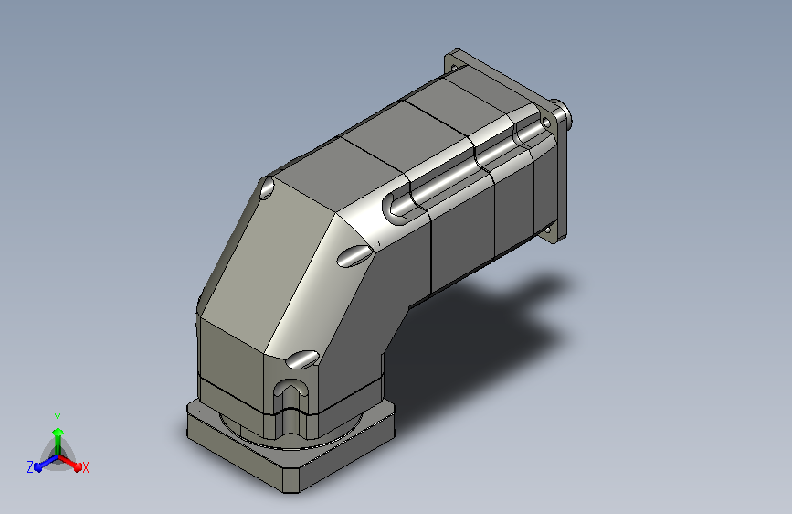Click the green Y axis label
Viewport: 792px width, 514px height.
tap(58, 418)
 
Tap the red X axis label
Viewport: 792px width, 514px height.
tap(85, 467)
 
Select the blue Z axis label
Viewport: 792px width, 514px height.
tap(30, 467)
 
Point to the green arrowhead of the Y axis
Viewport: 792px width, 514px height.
tap(58, 432)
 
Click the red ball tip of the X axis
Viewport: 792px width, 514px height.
tap(78, 467)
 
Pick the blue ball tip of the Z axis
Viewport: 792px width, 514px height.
tap(38, 467)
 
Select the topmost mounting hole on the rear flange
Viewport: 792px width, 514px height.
tap(454, 67)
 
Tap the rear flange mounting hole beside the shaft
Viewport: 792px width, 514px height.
tap(546, 123)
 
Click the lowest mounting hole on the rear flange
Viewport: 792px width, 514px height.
tap(547, 230)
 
